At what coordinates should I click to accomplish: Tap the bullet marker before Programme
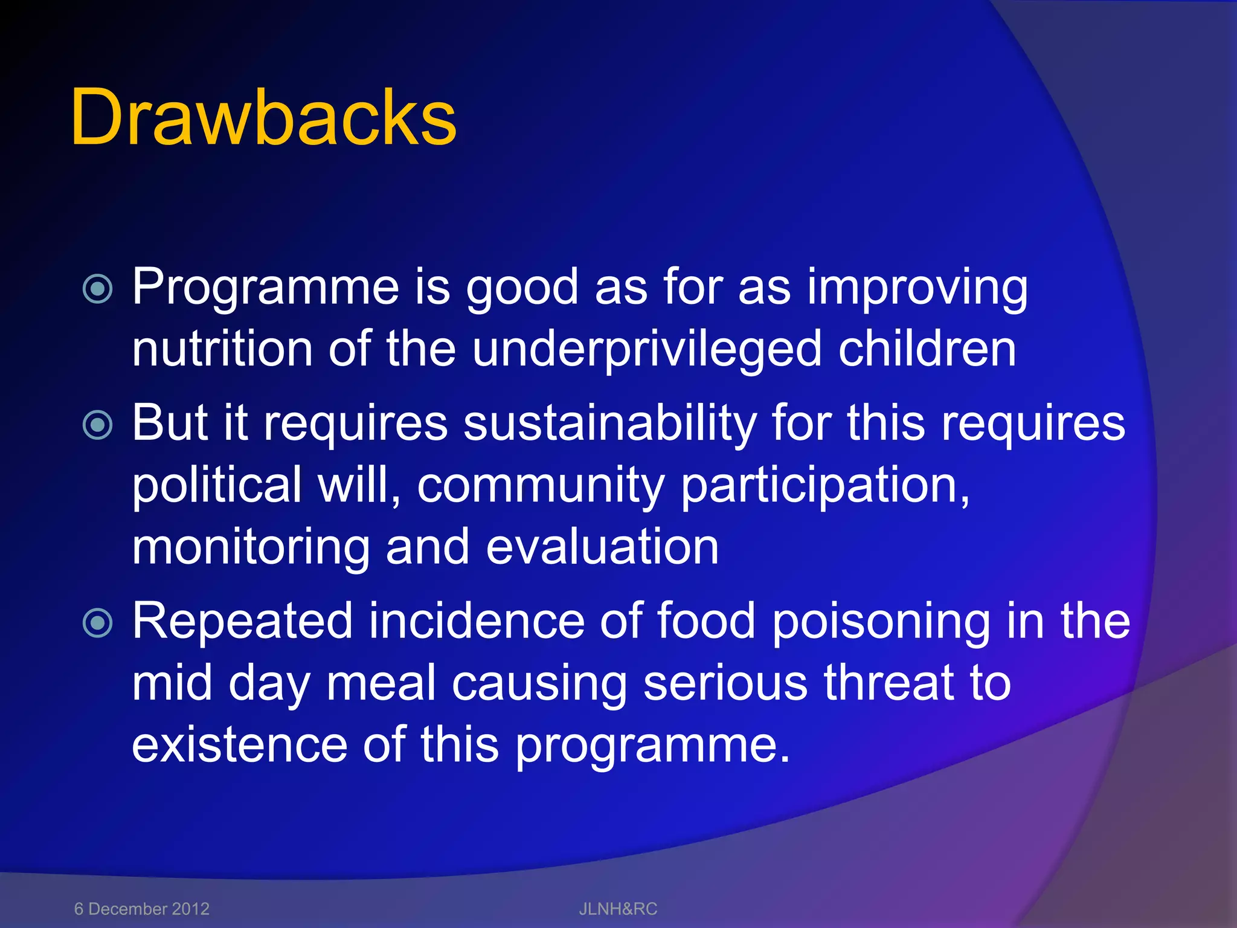tap(98, 289)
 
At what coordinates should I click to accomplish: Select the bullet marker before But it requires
tap(98, 425)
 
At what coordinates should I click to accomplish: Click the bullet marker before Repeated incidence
tap(98, 623)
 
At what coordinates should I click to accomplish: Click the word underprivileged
tap(646, 350)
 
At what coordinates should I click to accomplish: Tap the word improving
tap(917, 288)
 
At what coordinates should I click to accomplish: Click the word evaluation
tap(602, 547)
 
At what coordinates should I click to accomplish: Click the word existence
tap(239, 744)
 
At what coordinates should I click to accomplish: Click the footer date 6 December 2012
tap(142, 909)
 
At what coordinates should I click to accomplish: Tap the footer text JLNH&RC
tap(618, 909)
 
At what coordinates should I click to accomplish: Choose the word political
tap(217, 485)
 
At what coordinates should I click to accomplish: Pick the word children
tap(927, 349)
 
